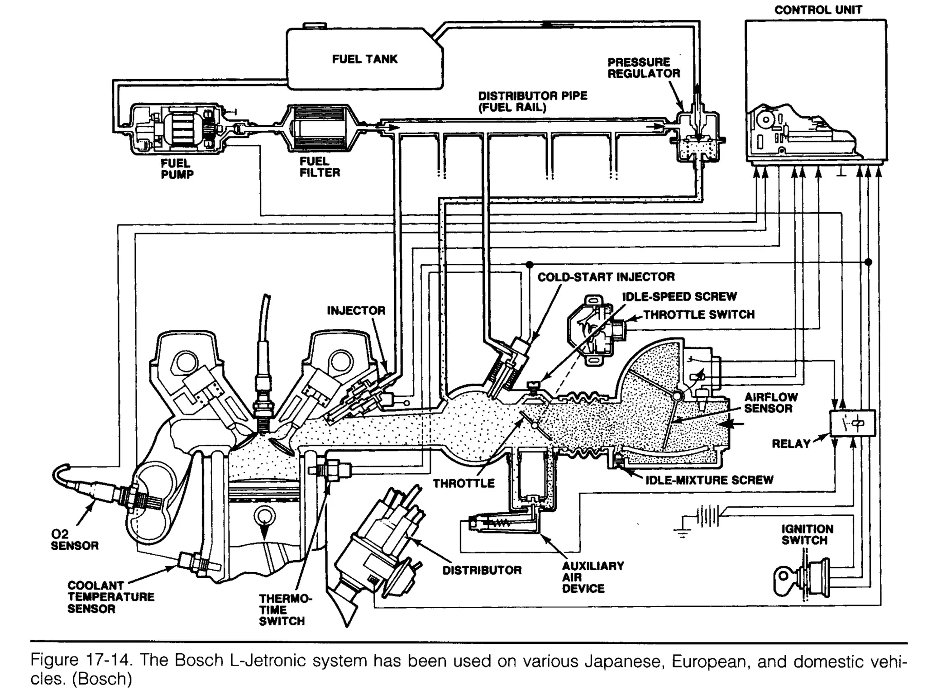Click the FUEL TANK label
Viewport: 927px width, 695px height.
(x=364, y=59)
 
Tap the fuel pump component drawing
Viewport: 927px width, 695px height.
(x=179, y=129)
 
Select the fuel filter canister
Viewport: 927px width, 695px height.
(x=320, y=128)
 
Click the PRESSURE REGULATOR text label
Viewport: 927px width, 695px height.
(x=643, y=68)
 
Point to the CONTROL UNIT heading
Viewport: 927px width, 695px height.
(x=818, y=10)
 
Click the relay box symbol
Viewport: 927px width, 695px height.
(x=852, y=423)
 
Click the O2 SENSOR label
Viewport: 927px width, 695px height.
(x=74, y=540)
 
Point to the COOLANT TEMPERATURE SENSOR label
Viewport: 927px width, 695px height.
(x=111, y=597)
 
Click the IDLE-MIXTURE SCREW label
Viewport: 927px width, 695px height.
(x=709, y=480)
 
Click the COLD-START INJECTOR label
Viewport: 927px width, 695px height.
(x=606, y=277)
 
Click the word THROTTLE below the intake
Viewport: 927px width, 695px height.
(x=463, y=483)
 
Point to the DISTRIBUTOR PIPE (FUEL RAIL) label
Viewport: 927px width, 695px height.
(x=532, y=101)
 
